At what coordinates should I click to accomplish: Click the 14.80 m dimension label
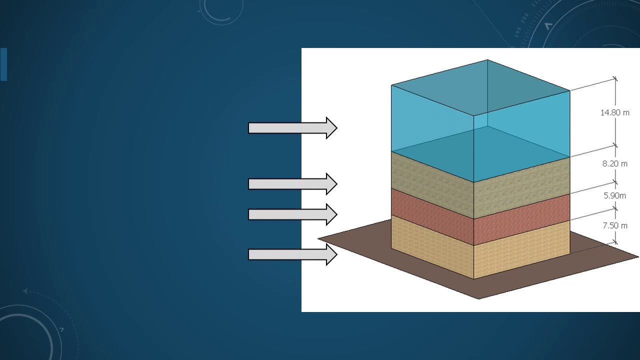tap(615, 112)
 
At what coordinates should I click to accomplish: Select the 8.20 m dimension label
tap(615, 163)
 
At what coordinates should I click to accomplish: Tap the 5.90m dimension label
tap(614, 195)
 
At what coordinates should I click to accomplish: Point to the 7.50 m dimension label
tap(615, 225)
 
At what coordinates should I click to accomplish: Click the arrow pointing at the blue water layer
tap(292, 128)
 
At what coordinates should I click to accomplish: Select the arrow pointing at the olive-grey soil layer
tap(292, 184)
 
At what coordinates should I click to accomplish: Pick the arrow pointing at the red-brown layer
tap(292, 214)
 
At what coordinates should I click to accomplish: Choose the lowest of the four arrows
tap(292, 254)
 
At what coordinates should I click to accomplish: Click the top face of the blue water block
tap(480, 87)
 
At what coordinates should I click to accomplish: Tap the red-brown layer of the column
tap(480, 217)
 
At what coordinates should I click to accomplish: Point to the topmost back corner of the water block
tap(487, 59)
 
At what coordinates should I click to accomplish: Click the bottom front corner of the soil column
tap(473, 279)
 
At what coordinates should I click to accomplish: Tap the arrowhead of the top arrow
tap(331, 128)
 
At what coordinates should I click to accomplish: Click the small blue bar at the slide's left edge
tap(3, 64)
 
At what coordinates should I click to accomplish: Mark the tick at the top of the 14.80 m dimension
tap(615, 79)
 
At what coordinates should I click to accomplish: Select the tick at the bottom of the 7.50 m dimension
tap(615, 242)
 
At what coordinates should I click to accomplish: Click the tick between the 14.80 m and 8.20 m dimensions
tap(615, 145)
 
